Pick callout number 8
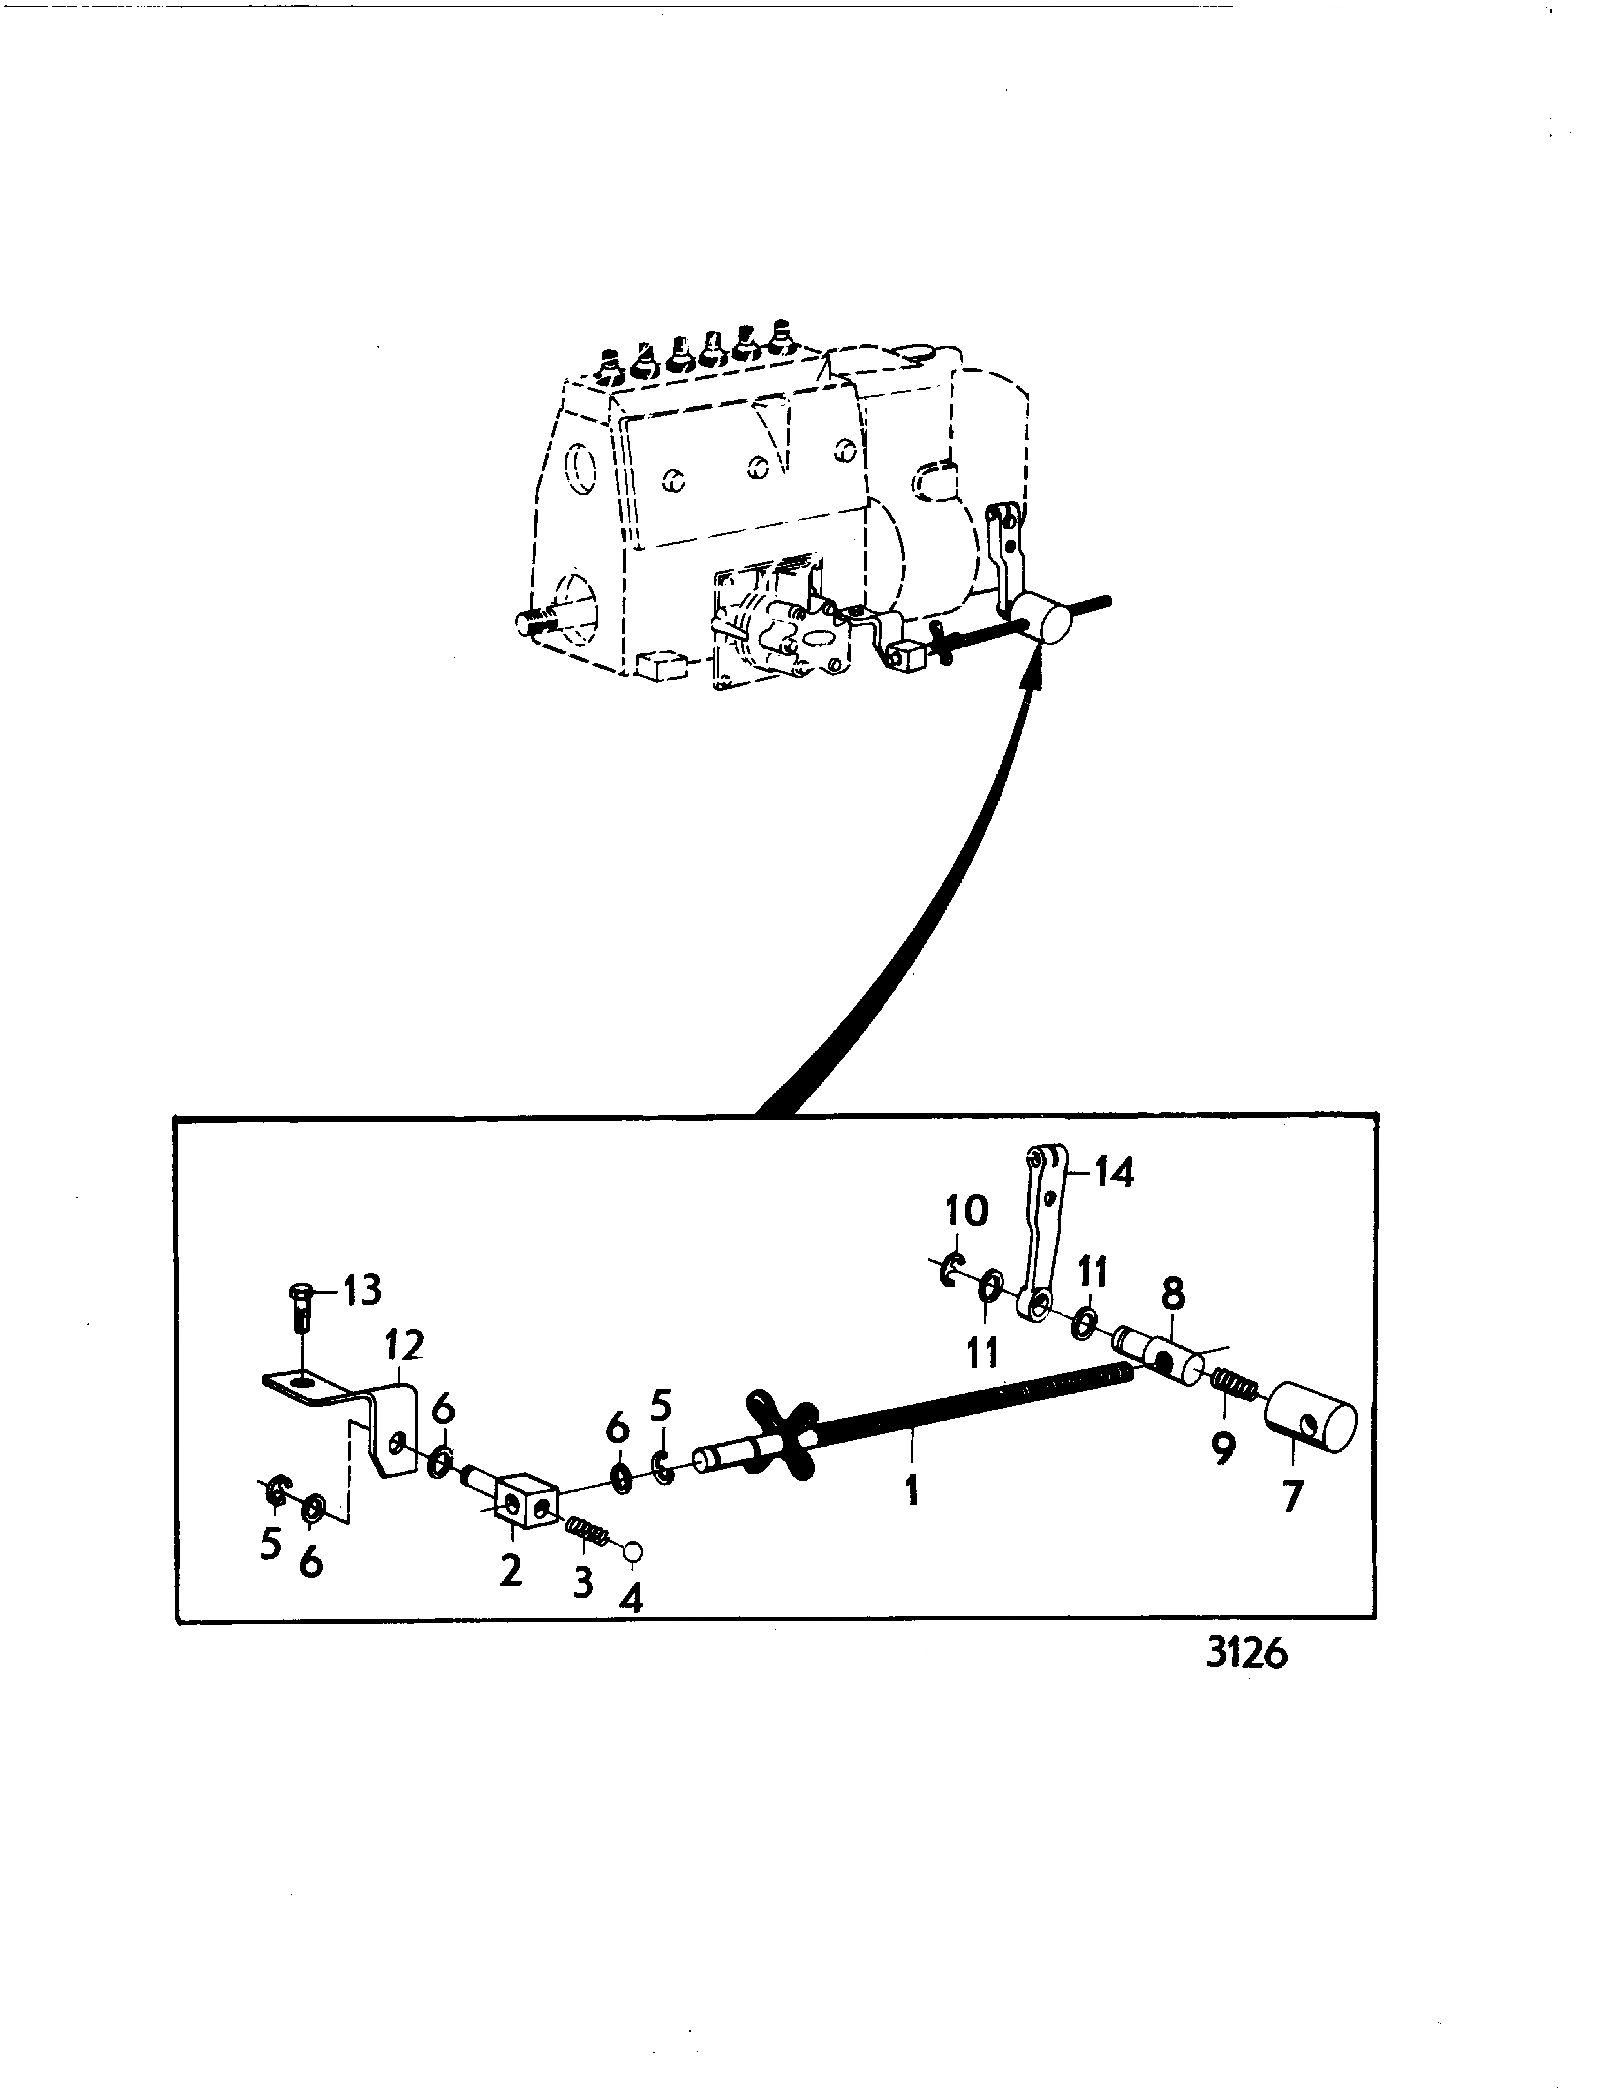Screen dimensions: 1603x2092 point(1173,1295)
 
